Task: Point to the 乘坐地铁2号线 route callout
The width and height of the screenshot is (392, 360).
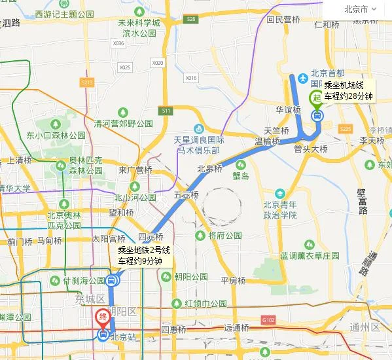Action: click(144, 255)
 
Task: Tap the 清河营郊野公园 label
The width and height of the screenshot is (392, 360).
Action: click(123, 123)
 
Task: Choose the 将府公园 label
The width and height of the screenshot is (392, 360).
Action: click(224, 235)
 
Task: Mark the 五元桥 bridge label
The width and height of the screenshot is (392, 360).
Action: click(186, 195)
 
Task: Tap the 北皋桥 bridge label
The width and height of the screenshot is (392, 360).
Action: click(210, 168)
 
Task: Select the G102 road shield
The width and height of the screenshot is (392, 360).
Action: click(268, 320)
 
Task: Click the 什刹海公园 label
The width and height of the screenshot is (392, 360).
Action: click(84, 280)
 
